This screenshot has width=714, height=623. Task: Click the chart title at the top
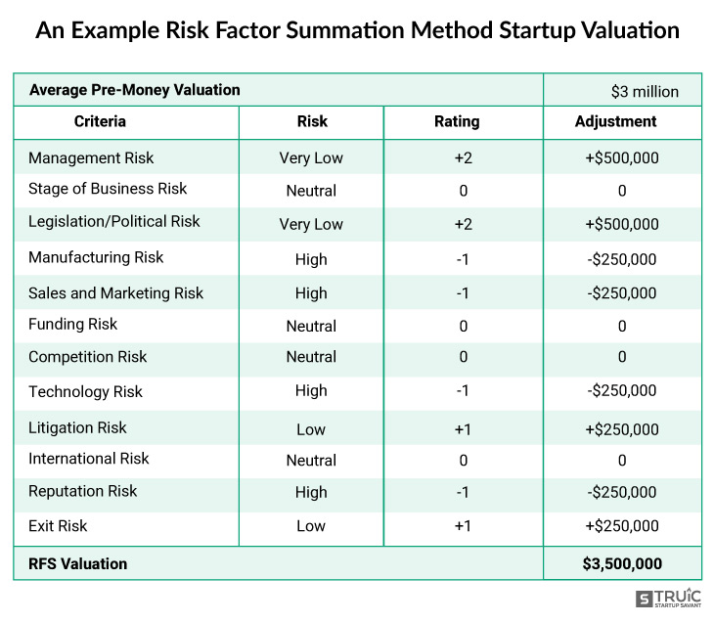pyautogui.click(x=357, y=29)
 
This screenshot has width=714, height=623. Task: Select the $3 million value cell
pyautogui.click(x=644, y=92)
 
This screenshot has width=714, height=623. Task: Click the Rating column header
pyautogui.click(x=457, y=122)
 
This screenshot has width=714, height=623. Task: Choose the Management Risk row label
pyautogui.click(x=91, y=157)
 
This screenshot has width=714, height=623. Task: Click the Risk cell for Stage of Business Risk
pyautogui.click(x=311, y=191)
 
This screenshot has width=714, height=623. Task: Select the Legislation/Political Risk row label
pyautogui.click(x=113, y=222)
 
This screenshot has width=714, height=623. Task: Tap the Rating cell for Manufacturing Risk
pyautogui.click(x=463, y=259)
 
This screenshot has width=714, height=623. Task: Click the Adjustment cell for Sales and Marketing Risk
pyautogui.click(x=621, y=293)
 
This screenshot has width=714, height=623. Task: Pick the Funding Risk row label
pyautogui.click(x=72, y=325)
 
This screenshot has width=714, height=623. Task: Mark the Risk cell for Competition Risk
pyautogui.click(x=311, y=357)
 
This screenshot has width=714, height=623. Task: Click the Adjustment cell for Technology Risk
pyautogui.click(x=621, y=391)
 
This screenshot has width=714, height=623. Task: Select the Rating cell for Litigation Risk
pyautogui.click(x=463, y=429)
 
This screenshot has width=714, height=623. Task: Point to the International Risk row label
pyautogui.click(x=89, y=459)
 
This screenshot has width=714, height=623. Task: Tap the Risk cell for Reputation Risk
pyautogui.click(x=311, y=492)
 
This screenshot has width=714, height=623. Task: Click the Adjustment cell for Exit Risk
pyautogui.click(x=621, y=526)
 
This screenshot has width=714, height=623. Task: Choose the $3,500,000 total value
pyautogui.click(x=622, y=564)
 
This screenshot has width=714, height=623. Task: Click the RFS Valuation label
pyautogui.click(x=78, y=564)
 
